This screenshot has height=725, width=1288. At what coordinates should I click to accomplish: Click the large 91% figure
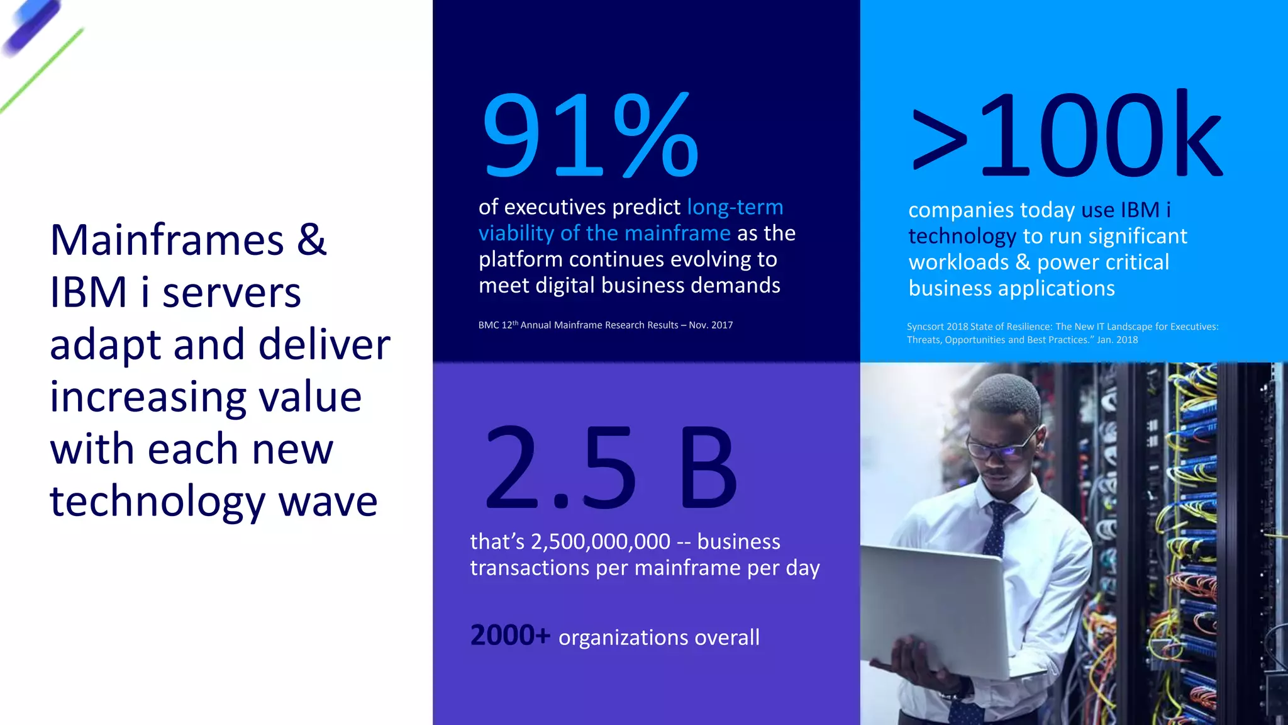[x=590, y=135]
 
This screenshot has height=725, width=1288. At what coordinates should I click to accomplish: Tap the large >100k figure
[x=1067, y=135]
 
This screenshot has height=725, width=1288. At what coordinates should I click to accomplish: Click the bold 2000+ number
[x=510, y=636]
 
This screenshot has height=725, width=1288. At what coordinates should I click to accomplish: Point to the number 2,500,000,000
[x=601, y=542]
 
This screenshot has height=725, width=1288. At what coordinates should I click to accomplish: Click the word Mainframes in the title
[x=167, y=240]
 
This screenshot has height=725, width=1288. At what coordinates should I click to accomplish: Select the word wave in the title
[x=328, y=502]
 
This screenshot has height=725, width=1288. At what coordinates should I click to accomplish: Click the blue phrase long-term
[x=735, y=207]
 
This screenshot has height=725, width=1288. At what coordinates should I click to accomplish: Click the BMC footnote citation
[x=605, y=325]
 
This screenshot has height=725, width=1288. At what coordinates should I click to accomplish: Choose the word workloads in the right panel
[x=958, y=262]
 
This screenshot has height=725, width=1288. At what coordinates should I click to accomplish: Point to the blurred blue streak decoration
[x=31, y=26]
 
